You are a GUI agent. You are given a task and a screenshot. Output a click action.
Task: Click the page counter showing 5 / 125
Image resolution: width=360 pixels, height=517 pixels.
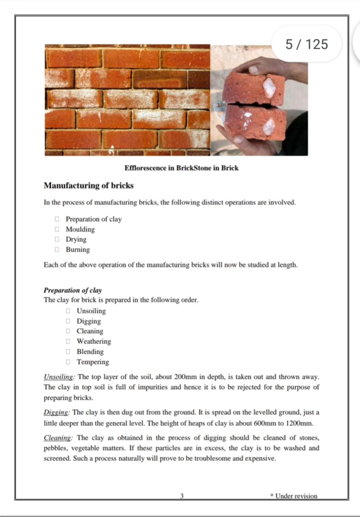(307, 44)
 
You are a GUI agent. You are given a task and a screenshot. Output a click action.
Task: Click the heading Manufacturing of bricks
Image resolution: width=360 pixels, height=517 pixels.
(88, 186)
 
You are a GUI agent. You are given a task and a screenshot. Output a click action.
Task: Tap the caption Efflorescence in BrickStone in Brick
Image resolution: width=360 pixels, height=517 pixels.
(181, 168)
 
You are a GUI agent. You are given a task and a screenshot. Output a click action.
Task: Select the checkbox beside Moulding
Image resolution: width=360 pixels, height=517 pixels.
(57, 229)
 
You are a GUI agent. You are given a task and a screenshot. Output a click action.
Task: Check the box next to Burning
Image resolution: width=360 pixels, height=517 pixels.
(57, 250)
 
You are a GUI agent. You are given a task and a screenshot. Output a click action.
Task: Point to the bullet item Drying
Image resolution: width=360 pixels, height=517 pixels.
(76, 239)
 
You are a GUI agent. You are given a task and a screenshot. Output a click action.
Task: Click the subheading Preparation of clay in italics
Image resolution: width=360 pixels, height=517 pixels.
(72, 290)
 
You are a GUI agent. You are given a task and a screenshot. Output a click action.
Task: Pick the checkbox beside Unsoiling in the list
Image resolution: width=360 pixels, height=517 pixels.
(68, 311)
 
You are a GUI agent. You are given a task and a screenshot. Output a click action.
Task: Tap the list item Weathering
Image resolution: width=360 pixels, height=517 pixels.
(93, 341)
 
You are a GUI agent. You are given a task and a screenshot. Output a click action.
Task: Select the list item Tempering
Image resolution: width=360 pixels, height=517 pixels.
(93, 362)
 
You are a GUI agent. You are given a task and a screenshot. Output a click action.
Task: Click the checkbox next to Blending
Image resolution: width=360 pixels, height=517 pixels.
(68, 352)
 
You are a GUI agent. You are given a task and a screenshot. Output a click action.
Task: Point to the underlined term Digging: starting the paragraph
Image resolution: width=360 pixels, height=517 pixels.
(56, 413)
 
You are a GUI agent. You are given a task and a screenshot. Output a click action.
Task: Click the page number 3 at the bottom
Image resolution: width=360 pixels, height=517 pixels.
(182, 496)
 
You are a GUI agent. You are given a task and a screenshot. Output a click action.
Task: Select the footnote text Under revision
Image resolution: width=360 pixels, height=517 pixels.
(296, 496)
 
